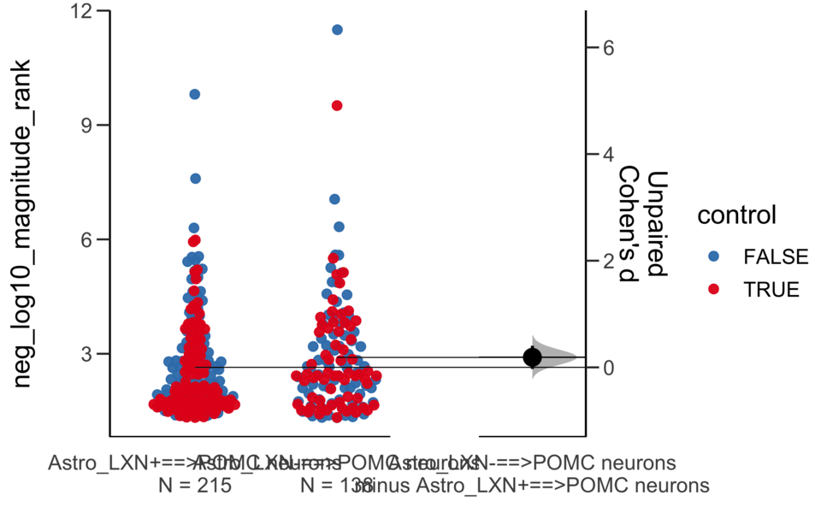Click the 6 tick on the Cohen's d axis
(607, 48)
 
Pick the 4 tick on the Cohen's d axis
(607, 155)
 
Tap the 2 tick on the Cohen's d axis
(607, 261)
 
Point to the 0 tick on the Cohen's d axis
(607, 368)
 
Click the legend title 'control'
(737, 215)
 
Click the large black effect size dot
(533, 357)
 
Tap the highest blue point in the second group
(337, 29)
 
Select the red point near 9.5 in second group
(337, 105)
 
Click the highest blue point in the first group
(195, 94)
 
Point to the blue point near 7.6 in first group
(195, 179)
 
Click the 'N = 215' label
(195, 486)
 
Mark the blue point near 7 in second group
(334, 199)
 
